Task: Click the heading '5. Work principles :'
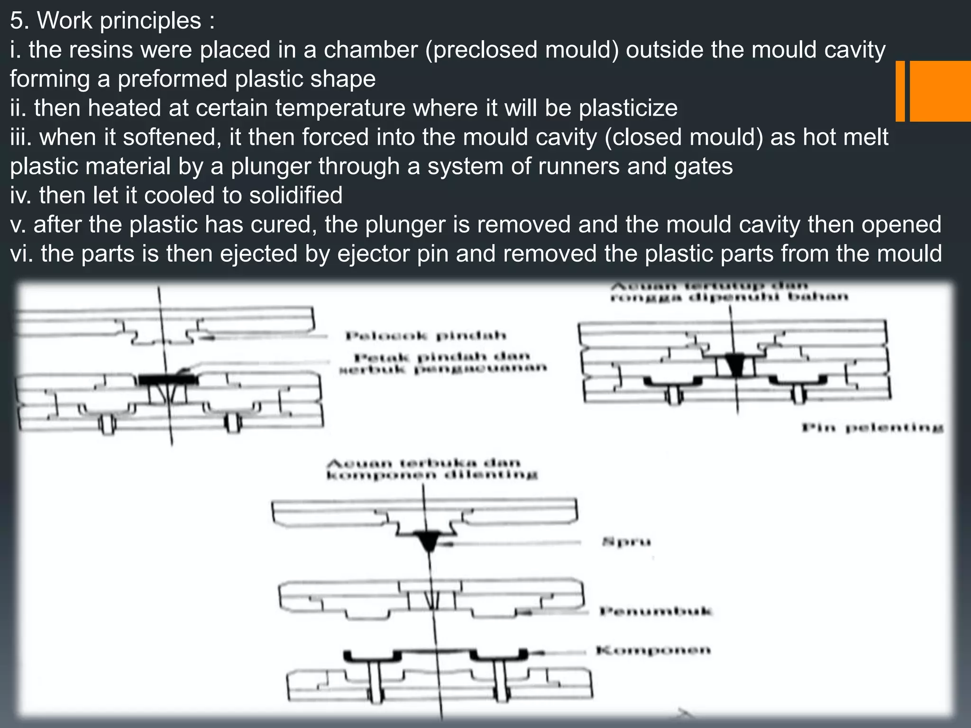coord(112,21)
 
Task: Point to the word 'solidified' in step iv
coord(296,195)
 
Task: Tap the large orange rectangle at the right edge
coord(940,91)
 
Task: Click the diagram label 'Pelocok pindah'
coord(426,337)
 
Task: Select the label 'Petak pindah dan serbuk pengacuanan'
coord(443,363)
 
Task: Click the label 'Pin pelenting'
coord(872,428)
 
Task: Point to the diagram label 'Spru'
coord(626,542)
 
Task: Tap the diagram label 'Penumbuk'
coord(656,611)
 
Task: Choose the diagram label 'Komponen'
coord(653,650)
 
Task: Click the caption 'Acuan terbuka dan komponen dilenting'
coord(431,469)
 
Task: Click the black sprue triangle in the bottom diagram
coord(429,540)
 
